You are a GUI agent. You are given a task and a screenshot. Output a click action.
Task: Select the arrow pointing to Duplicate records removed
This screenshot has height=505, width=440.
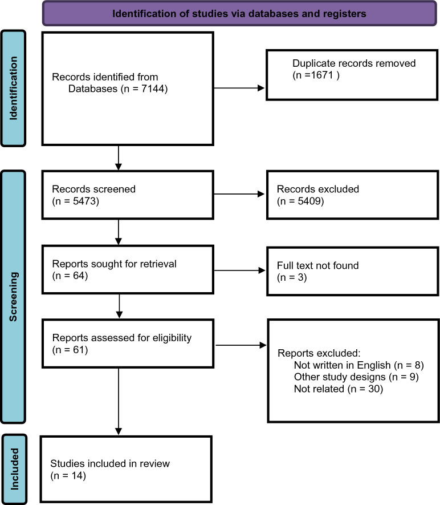click(239, 88)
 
